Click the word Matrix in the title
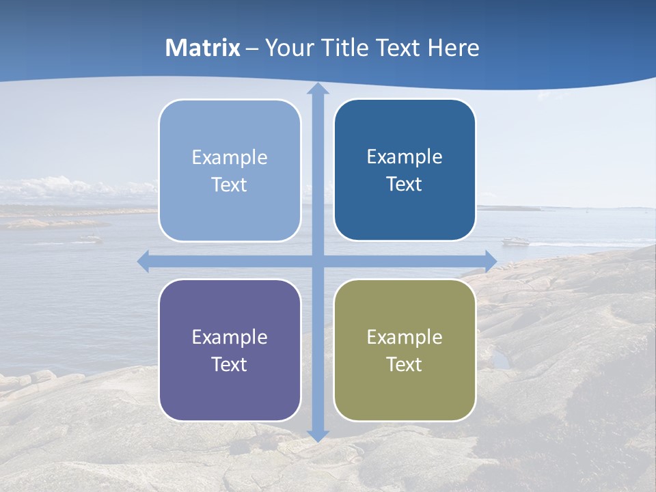point(203,48)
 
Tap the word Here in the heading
point(453,48)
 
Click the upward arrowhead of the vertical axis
point(318,89)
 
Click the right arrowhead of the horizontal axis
point(491,261)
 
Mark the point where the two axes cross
point(318,261)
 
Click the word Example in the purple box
point(230,337)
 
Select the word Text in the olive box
point(405,364)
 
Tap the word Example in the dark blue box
point(405,157)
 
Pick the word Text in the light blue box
point(230,185)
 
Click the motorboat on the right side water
point(515,241)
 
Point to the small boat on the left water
point(90,238)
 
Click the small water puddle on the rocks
point(501,359)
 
